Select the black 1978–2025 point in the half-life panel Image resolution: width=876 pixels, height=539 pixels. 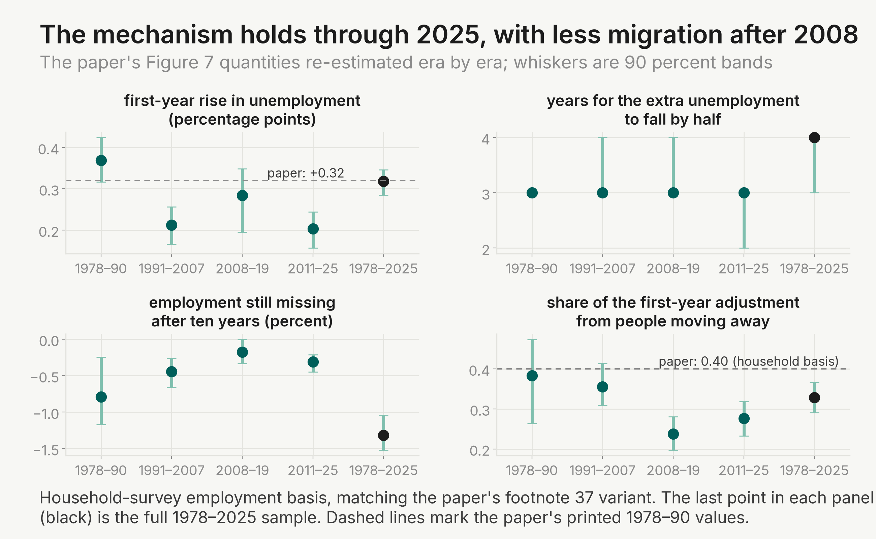pyautogui.click(x=814, y=137)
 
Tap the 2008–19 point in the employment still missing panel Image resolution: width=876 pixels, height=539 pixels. pyautogui.click(x=242, y=352)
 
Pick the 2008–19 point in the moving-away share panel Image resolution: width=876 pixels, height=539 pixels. pyautogui.click(x=673, y=434)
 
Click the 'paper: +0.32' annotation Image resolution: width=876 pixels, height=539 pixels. pyautogui.click(x=306, y=173)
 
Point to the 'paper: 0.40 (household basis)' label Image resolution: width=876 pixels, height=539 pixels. pyautogui.click(x=748, y=361)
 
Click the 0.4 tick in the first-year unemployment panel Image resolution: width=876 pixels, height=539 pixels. pyautogui.click(x=49, y=149)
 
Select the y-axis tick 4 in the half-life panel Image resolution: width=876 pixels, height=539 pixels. pyautogui.click(x=485, y=139)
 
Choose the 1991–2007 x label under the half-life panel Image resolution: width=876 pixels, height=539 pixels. pyautogui.click(x=602, y=269)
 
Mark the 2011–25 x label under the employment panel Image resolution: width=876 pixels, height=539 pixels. pyautogui.click(x=313, y=471)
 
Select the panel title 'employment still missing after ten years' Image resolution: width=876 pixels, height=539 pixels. pyautogui.click(x=242, y=312)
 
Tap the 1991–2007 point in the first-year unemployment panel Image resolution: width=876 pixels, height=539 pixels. pyautogui.click(x=171, y=225)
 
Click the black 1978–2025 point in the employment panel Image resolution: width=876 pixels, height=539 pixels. pyautogui.click(x=383, y=435)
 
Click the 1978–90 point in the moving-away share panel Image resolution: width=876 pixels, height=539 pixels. pyautogui.click(x=532, y=376)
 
